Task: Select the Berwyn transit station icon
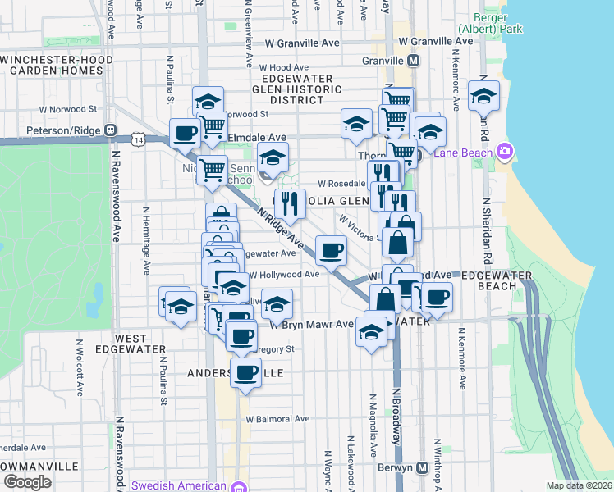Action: (x=423, y=467)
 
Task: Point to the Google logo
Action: (x=27, y=482)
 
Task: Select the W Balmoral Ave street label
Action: (x=278, y=418)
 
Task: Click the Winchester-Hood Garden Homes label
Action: (x=53, y=65)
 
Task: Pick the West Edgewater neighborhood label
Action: (x=131, y=344)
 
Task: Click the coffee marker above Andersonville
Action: (x=245, y=373)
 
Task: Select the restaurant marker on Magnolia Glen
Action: (x=289, y=204)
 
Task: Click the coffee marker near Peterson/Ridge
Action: (x=186, y=132)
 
